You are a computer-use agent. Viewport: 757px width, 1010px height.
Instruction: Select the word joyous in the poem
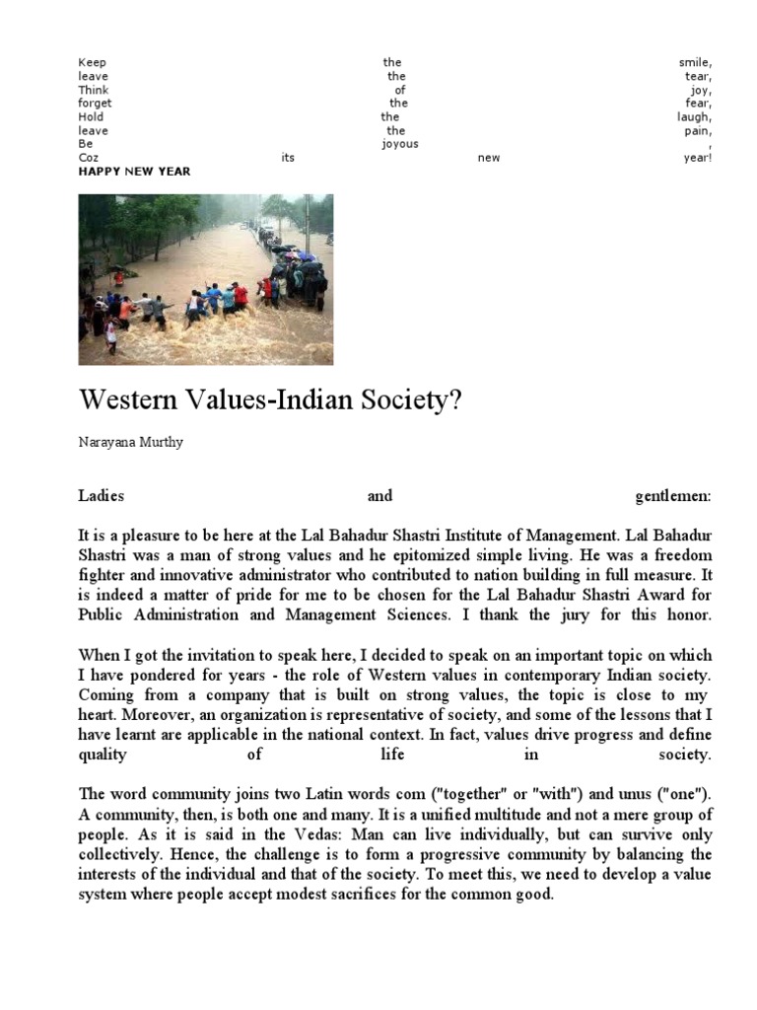click(399, 144)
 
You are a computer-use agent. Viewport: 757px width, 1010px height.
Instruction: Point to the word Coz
click(89, 158)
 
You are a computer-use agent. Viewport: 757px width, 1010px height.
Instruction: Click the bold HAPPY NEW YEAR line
click(134, 172)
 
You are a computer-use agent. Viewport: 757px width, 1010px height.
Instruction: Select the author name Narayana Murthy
click(130, 443)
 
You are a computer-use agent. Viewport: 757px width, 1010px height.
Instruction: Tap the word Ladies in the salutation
click(101, 496)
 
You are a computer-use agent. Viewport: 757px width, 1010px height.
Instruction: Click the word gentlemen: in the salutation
click(673, 496)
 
